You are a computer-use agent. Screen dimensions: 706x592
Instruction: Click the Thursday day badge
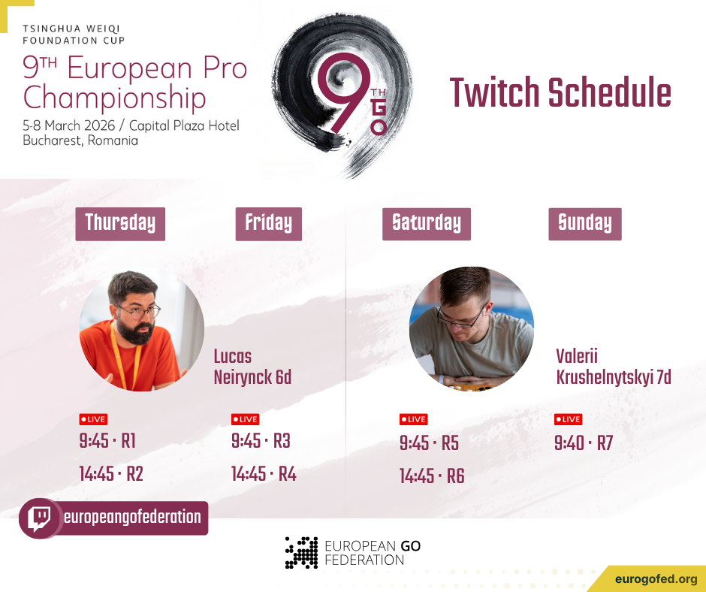(x=120, y=224)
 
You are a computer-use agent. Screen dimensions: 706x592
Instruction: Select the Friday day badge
(x=269, y=224)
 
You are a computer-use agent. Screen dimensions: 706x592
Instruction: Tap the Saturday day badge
(x=427, y=224)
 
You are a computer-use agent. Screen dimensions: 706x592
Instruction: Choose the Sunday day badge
(x=585, y=224)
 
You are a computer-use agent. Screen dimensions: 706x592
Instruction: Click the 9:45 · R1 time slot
(x=107, y=441)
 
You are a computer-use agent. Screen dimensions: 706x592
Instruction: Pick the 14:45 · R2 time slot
(x=111, y=474)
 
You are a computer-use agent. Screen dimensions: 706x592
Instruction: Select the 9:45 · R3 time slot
(x=261, y=441)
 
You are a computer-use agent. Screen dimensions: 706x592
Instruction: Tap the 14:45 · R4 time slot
(x=264, y=474)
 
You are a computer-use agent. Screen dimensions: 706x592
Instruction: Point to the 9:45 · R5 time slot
(x=429, y=443)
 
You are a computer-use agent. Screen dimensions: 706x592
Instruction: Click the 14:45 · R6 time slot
(x=432, y=476)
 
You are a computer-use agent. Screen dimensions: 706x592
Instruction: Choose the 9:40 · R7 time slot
(x=584, y=443)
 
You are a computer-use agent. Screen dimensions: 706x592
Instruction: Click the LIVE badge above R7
(x=569, y=419)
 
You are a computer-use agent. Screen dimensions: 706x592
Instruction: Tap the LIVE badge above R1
(x=93, y=419)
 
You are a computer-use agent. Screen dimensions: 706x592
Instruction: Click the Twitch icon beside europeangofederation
(x=40, y=518)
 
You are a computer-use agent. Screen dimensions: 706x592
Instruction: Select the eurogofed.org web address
(x=656, y=579)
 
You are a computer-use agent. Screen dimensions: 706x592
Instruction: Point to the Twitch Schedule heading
(x=560, y=92)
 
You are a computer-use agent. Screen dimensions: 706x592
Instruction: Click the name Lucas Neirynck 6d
(x=252, y=367)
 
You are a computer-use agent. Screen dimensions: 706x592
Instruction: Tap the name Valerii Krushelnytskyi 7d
(x=614, y=367)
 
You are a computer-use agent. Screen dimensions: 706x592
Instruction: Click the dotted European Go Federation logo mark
(x=302, y=553)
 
